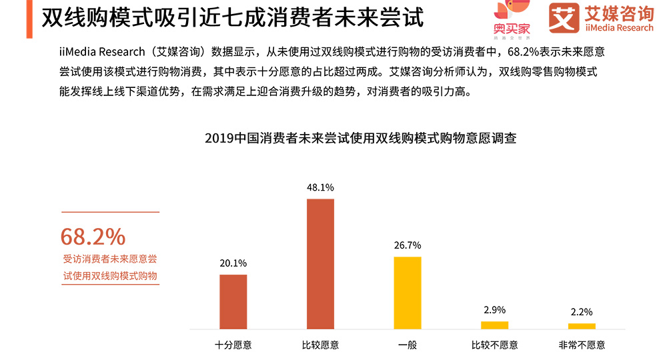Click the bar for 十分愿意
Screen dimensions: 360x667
(233, 301)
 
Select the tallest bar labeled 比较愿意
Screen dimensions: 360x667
(320, 263)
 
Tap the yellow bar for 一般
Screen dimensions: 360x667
(408, 292)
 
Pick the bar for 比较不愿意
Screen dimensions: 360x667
(494, 325)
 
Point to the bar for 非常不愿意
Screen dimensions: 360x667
(582, 326)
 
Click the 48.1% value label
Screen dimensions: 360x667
(320, 188)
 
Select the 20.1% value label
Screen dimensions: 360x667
(233, 263)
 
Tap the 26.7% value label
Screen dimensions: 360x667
(408, 245)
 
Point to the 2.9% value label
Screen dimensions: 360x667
(494, 310)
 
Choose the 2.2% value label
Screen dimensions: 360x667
(582, 312)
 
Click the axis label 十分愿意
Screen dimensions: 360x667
(233, 345)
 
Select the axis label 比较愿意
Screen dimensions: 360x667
(320, 345)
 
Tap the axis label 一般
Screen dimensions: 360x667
(408, 345)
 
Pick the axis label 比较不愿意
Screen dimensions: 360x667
(494, 345)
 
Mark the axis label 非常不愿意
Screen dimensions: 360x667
(582, 345)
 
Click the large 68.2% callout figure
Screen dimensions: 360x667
(93, 236)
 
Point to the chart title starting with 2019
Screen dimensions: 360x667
(361, 139)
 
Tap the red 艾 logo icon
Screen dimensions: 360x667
(564, 18)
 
